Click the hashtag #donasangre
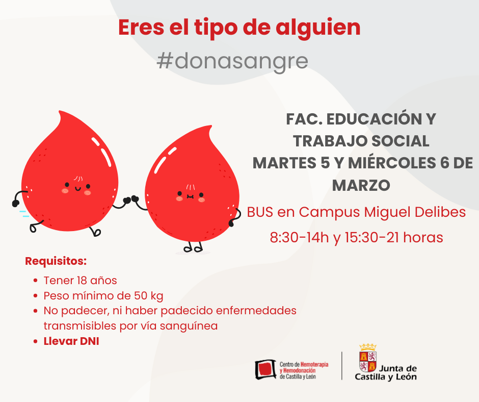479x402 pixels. click(x=232, y=61)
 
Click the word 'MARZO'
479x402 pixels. click(x=361, y=185)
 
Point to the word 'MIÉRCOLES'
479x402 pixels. click(x=392, y=163)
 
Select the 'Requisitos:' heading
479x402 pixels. click(x=56, y=261)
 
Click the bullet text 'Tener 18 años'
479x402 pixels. click(x=81, y=281)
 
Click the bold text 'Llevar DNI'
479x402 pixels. click(x=71, y=341)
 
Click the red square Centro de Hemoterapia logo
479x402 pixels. click(x=265, y=369)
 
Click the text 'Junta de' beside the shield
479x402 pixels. click(x=398, y=368)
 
